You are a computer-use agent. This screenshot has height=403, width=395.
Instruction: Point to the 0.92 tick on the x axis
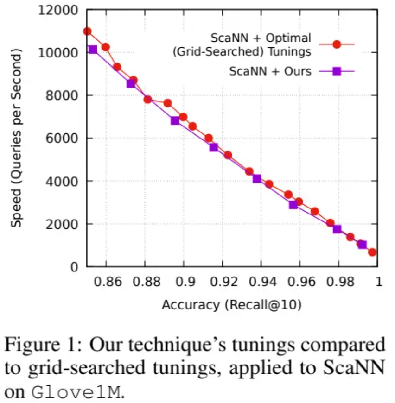point(223,283)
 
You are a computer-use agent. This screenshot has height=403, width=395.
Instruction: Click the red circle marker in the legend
point(337,44)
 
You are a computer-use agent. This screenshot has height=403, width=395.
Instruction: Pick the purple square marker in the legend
point(337,71)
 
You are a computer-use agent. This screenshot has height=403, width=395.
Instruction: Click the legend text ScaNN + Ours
point(270,71)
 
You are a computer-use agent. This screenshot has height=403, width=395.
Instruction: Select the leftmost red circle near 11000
point(87,31)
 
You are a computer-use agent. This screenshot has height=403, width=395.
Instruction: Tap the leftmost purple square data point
point(93,49)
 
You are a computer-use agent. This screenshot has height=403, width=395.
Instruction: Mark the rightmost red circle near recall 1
point(372,252)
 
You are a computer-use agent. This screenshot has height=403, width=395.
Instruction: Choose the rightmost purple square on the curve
point(362,245)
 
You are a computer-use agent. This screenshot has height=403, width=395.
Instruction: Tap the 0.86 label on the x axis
point(106,283)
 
